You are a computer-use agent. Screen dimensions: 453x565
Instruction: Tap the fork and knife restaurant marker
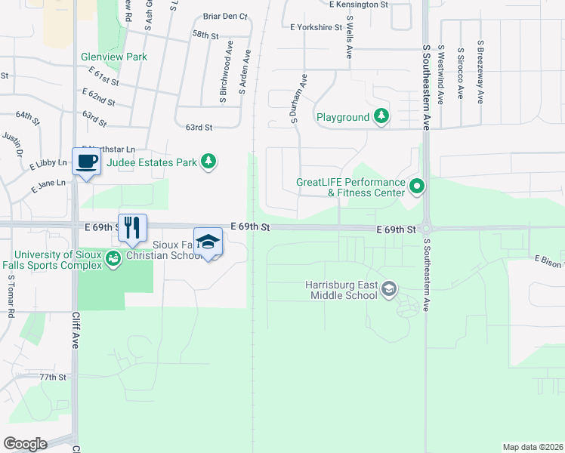pyautogui.click(x=132, y=227)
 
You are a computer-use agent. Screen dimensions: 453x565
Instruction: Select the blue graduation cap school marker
pyautogui.click(x=208, y=242)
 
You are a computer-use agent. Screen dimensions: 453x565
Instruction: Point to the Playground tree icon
pyautogui.click(x=382, y=116)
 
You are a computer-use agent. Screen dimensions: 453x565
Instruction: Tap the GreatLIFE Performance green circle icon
pyautogui.click(x=416, y=185)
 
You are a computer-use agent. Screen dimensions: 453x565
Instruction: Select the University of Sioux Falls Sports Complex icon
pyautogui.click(x=113, y=259)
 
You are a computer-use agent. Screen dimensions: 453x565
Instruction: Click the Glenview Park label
pyautogui.click(x=114, y=57)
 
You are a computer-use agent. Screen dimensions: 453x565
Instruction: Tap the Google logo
pyautogui.click(x=25, y=443)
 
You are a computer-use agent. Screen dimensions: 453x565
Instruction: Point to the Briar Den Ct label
pyautogui.click(x=225, y=17)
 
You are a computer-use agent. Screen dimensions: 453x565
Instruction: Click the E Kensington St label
pyautogui.click(x=359, y=5)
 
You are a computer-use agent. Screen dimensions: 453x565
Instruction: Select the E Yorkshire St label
pyautogui.click(x=316, y=27)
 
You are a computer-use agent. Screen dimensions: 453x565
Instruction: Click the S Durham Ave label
pyautogui.click(x=295, y=98)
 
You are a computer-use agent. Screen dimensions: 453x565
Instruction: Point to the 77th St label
pyautogui.click(x=53, y=377)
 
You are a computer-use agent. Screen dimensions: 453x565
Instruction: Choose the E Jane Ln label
pyautogui.click(x=48, y=183)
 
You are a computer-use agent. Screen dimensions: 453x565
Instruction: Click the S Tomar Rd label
pyautogui.click(x=11, y=297)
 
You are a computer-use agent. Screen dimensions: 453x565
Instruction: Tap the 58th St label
pyautogui.click(x=205, y=35)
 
